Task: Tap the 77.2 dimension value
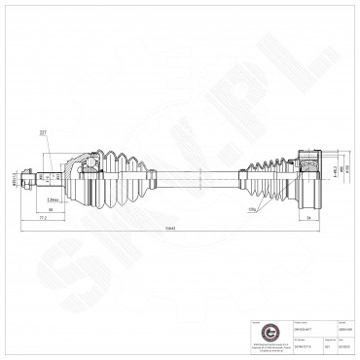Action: point(43,220)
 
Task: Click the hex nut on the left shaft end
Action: point(36,178)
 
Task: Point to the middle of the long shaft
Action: point(195,178)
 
